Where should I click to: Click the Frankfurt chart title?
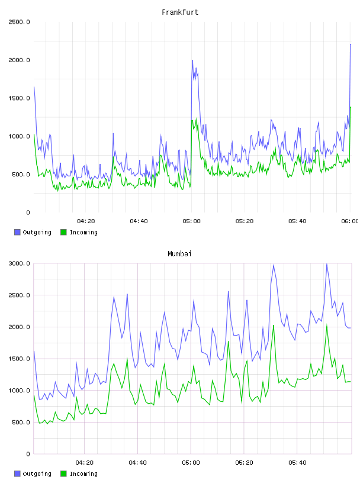180,12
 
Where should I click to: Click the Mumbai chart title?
179,254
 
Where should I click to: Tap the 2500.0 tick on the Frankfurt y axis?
19,22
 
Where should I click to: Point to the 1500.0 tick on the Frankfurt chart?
19,98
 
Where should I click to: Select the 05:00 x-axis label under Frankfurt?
191,221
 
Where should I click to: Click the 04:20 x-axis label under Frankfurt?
86,221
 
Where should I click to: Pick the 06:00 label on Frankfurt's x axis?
349,221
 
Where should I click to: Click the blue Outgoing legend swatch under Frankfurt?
17,232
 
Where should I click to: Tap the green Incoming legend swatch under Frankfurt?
63,232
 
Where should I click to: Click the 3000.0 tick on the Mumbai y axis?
19,263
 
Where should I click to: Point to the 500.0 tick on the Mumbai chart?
21,422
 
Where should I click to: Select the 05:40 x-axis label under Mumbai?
297,463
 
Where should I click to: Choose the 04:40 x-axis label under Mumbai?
138,463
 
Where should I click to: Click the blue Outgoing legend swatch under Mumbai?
17,474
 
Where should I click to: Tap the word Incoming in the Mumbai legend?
83,474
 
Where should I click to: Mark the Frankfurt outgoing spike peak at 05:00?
192,60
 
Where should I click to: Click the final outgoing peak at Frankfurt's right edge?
351,44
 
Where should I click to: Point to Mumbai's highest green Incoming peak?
327,326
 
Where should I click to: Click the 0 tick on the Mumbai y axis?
28,454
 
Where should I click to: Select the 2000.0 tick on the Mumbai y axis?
19,327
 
